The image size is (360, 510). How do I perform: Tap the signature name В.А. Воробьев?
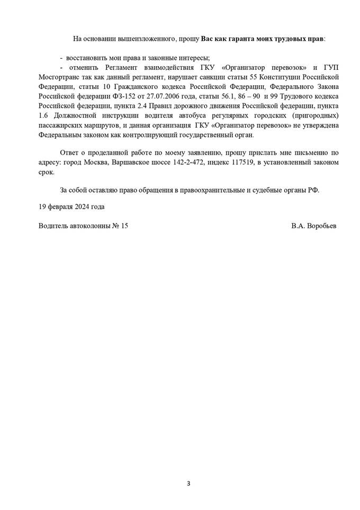coord(313,225)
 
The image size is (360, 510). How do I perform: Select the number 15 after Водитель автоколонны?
coord(124,225)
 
